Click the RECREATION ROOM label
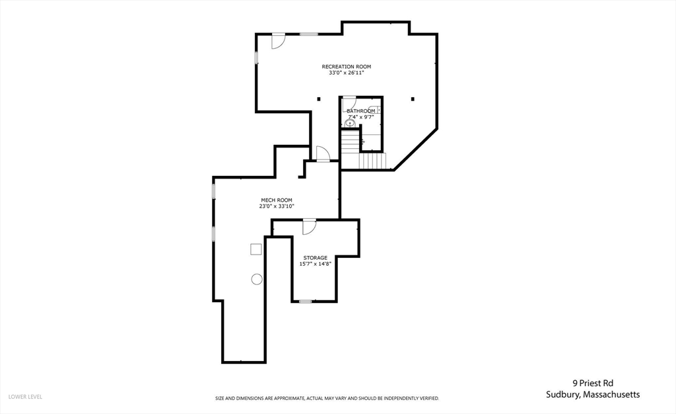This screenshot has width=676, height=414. coord(346,66)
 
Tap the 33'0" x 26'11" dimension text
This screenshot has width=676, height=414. coord(346,73)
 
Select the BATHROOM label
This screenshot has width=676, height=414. coord(361,110)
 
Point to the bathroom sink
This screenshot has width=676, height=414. coord(350,123)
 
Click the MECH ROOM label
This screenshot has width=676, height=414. coord(276,200)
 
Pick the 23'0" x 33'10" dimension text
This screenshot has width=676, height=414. coord(276,206)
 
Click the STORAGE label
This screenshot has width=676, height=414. coord(315,257)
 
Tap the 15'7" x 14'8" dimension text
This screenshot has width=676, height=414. coord(315,264)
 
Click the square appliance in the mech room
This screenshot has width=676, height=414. coord(256,249)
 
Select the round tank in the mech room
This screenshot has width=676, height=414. coord(256,279)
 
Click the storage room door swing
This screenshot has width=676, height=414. coord(309,227)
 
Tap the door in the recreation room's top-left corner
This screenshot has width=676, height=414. coord(278,40)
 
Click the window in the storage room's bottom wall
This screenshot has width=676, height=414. coord(304,302)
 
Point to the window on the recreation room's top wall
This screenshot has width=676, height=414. coord(308,34)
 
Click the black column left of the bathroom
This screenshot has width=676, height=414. coord(319,99)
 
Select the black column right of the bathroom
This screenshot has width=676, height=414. coord(413,99)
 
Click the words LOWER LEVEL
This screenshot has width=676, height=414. coord(25,397)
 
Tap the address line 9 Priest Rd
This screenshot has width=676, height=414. coord(592,382)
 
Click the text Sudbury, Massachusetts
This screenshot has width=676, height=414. coord(592,395)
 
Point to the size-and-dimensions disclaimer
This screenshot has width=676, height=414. coord(327,398)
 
